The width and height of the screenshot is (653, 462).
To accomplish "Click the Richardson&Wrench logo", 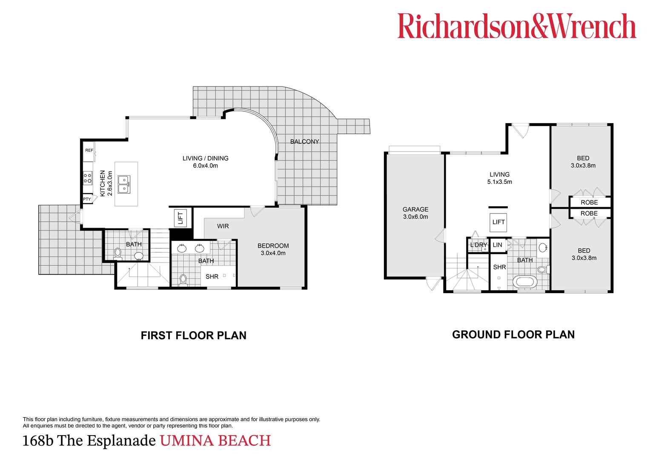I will point(516,26).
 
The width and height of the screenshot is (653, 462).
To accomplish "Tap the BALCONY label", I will point(304,141).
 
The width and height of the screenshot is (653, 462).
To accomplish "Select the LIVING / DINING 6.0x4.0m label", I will point(205,162).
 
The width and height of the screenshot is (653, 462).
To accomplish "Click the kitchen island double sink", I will point(124,184).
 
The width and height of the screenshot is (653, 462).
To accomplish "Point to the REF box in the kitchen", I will point(89,150).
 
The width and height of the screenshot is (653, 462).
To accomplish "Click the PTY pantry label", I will point(87,199).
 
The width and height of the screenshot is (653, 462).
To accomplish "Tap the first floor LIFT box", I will point(180,218).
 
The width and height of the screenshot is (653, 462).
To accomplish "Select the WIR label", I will point(223,226).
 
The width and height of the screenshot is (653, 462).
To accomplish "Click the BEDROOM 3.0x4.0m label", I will point(273,249).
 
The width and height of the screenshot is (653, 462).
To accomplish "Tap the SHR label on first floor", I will point(212,277).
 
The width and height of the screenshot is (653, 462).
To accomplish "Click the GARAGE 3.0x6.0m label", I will point(415,213).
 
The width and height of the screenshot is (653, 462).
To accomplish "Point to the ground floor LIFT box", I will point(498,222).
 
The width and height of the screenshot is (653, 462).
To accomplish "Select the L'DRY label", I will point(478,245).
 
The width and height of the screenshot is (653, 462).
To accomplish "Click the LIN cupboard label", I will point(497,245).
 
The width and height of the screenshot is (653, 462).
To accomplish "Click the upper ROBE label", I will point(589,202).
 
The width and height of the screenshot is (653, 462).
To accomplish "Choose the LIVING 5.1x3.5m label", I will point(499,178).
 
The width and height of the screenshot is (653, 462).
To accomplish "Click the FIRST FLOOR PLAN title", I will point(193,335).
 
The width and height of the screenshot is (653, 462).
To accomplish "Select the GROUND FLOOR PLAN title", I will point(513,335).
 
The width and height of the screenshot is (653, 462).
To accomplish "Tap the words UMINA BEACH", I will point(215,441).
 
